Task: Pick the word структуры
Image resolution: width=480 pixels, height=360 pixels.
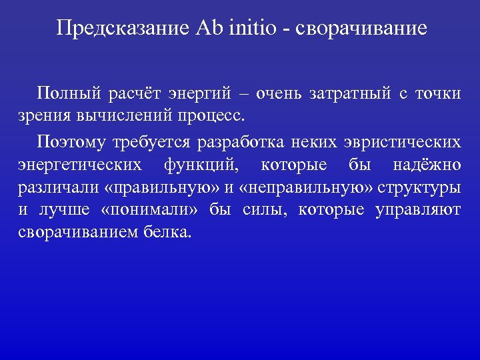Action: point(419,187)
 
